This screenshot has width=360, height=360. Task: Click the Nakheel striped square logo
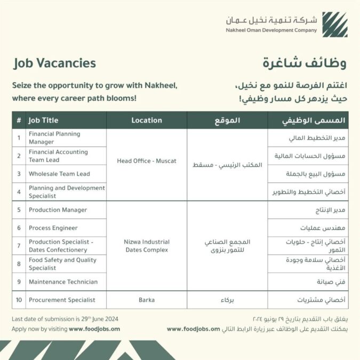coord(334,25)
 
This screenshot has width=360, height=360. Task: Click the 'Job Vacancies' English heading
coord(55,63)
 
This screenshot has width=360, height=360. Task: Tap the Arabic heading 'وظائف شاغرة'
coord(304,63)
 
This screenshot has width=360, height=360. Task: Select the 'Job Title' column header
coord(44,121)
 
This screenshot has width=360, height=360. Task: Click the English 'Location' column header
coord(147,121)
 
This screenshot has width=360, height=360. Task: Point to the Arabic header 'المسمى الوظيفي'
coord(314,121)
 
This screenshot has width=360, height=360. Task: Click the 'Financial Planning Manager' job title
coord(54,138)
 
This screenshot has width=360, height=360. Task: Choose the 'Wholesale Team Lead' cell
coord(59,174)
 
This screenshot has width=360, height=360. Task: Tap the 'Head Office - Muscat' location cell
coord(147,161)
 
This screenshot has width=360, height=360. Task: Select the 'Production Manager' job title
coord(58,210)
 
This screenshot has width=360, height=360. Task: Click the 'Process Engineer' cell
coord(53,228)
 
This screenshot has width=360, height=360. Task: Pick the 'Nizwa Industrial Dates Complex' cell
coord(147,246)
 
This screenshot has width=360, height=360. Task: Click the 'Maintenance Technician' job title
coord(63,282)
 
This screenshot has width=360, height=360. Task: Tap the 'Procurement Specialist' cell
coord(62,300)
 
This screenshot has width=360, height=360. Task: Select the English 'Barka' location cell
coord(147,300)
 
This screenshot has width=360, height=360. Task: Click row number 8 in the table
coord(19,264)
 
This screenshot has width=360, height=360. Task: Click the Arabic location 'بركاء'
coord(227,300)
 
